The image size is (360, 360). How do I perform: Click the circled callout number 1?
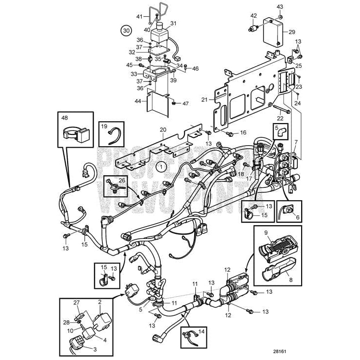158,167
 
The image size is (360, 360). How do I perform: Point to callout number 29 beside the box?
292,32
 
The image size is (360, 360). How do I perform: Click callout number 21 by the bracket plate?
204,100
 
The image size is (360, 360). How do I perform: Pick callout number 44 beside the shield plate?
138,101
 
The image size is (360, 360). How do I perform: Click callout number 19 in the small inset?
104,126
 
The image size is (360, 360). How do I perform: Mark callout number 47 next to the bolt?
185,103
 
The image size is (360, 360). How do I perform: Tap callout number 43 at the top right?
280,6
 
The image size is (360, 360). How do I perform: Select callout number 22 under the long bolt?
280,118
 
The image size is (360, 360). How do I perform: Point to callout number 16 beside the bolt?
243,133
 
